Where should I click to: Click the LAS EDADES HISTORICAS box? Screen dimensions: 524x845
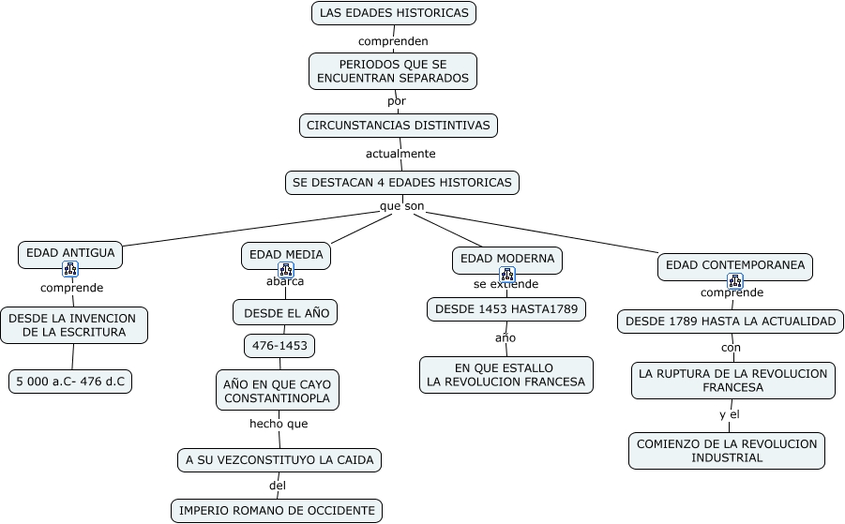394,13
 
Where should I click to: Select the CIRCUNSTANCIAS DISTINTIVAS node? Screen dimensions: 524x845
399,125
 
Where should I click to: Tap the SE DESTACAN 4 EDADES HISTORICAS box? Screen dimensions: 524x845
402,183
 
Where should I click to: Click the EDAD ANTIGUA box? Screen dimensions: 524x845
70,253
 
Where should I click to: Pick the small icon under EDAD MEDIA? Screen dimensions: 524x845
286,270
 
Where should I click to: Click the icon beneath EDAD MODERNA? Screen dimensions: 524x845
507,275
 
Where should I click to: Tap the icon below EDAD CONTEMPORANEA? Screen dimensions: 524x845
735,281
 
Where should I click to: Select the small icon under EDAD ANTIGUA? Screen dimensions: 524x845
70,269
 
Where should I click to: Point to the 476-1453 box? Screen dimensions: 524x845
279,346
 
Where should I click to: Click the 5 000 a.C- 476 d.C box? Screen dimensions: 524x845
70,382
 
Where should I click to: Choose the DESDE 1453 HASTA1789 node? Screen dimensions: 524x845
506,309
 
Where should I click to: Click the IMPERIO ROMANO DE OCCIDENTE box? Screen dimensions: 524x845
277,511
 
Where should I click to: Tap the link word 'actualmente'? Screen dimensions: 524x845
400,154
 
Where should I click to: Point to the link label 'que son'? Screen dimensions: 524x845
402,206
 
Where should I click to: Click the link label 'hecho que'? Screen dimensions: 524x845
279,424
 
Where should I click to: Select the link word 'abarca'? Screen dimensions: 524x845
285,281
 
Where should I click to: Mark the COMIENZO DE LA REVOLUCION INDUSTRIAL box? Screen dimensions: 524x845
727,451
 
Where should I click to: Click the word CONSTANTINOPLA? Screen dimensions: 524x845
277,398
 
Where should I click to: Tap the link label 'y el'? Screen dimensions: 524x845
730,414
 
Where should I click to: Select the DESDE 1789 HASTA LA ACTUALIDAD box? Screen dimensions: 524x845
731,322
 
